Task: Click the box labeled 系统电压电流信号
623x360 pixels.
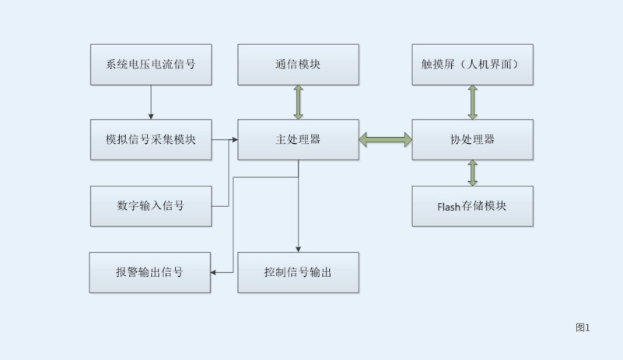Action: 151,65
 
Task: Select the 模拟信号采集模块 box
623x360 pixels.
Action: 151,140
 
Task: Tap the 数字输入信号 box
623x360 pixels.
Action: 151,206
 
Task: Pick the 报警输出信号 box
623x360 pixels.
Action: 150,272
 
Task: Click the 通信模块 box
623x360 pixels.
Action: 298,65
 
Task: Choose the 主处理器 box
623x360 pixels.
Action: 298,140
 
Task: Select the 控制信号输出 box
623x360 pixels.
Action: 298,272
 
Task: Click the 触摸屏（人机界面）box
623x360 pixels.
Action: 472,65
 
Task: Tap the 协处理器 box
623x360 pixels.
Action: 472,140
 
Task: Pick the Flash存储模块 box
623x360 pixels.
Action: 472,206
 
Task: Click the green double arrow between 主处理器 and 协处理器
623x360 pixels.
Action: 386,140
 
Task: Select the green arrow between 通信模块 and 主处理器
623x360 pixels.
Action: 298,102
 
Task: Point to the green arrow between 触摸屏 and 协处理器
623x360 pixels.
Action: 472,102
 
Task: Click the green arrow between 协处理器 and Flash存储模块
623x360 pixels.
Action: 472,173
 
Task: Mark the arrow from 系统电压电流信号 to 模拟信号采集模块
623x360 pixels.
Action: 151,101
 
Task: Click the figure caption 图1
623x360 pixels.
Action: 583,327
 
